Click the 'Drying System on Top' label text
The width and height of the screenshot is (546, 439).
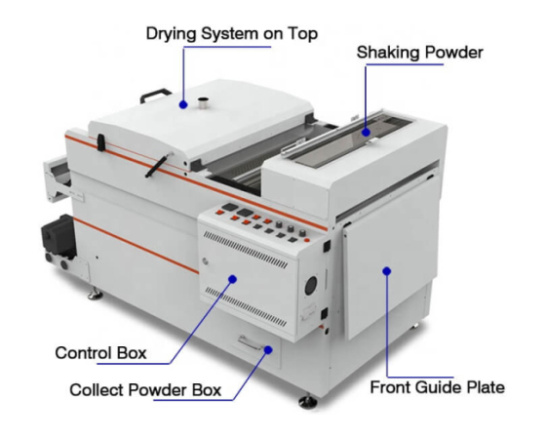(x=232, y=34)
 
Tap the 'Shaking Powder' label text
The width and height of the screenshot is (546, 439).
(x=419, y=53)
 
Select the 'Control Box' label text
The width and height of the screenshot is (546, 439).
(x=100, y=353)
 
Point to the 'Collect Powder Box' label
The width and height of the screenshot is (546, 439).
(x=145, y=390)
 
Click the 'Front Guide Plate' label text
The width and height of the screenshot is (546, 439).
(x=437, y=387)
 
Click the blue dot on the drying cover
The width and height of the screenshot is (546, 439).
(x=183, y=104)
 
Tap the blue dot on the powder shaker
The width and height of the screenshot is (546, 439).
(x=366, y=133)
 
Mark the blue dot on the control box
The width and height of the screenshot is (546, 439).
(x=233, y=279)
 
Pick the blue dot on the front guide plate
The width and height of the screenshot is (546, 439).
(x=387, y=271)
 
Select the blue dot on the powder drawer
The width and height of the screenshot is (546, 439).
(x=268, y=350)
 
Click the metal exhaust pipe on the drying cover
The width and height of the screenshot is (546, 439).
(x=203, y=103)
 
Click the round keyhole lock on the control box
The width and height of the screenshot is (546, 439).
(x=205, y=260)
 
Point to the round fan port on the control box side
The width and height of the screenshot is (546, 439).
(x=311, y=286)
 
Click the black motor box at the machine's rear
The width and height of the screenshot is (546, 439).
(x=58, y=233)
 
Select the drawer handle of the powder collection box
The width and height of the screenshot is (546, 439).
(x=251, y=342)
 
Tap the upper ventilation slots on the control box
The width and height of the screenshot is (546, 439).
(x=246, y=250)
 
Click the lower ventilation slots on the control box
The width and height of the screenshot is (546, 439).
(x=246, y=306)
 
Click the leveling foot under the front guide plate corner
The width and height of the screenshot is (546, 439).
(x=308, y=402)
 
